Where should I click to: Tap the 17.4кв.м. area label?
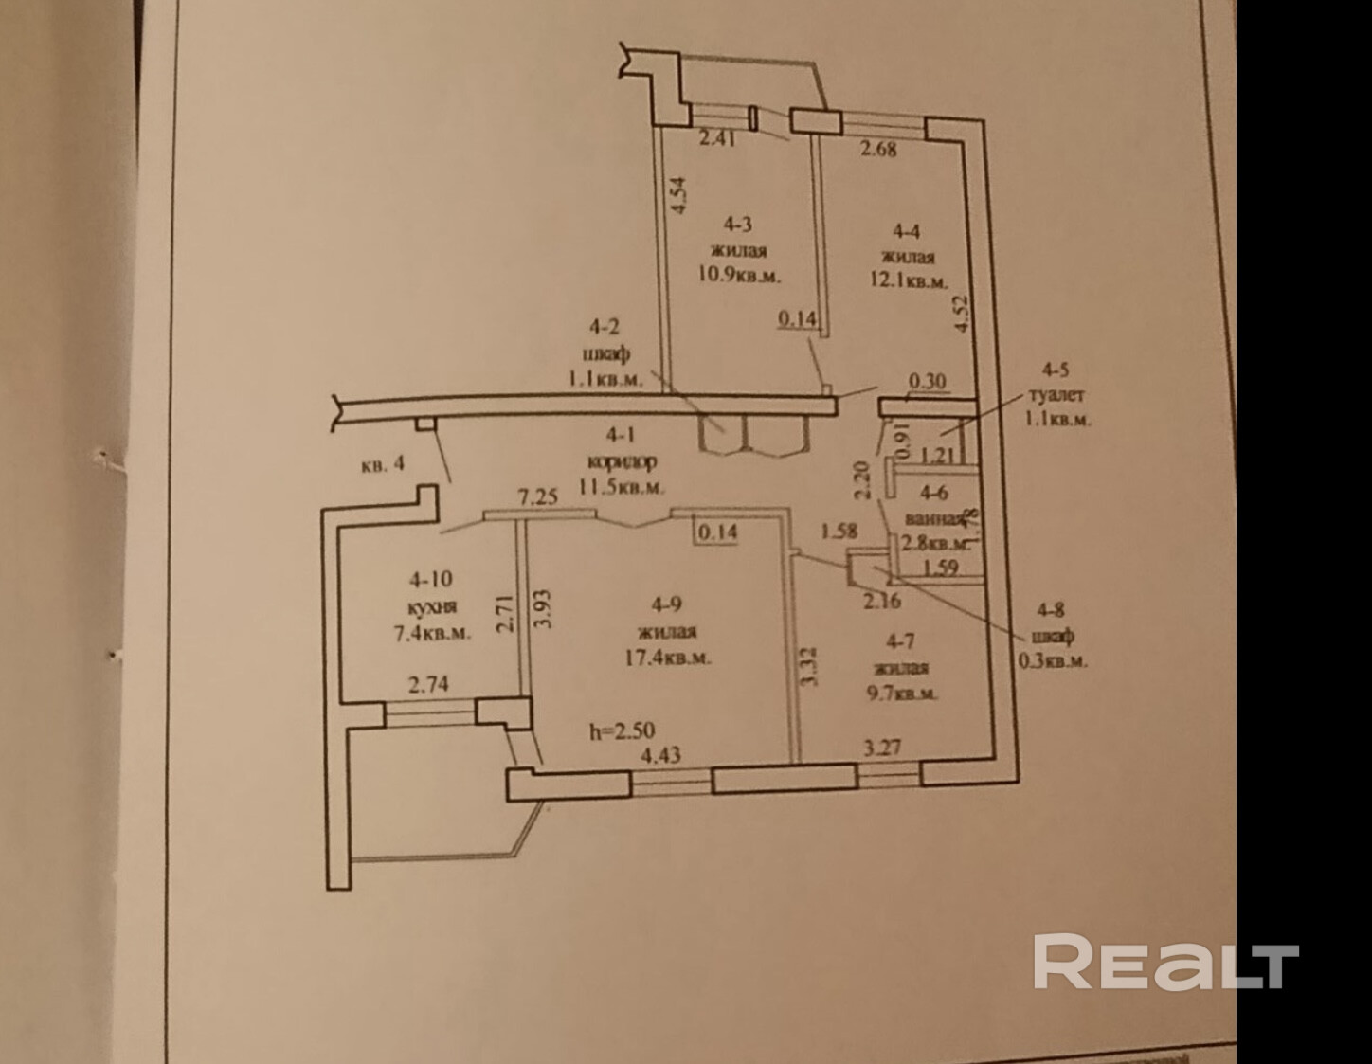pyautogui.click(x=674, y=658)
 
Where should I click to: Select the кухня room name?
pyautogui.click(x=431, y=606)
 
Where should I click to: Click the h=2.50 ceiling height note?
pyautogui.click(x=622, y=730)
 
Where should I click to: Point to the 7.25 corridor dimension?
pyautogui.click(x=537, y=497)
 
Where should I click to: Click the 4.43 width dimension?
pyautogui.click(x=661, y=755)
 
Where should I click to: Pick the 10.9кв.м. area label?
pyautogui.click(x=752, y=276)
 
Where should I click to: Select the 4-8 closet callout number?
pyautogui.click(x=1051, y=611)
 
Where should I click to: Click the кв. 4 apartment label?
pyautogui.click(x=383, y=464)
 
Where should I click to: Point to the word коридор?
pyautogui.click(x=622, y=462)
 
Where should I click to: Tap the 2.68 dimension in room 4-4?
pyautogui.click(x=877, y=148)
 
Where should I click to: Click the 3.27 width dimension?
pyautogui.click(x=881, y=747)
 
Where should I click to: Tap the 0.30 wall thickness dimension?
pyautogui.click(x=927, y=381)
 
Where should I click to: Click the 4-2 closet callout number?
pyautogui.click(x=605, y=329)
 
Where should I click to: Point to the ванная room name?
pyautogui.click(x=933, y=519)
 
